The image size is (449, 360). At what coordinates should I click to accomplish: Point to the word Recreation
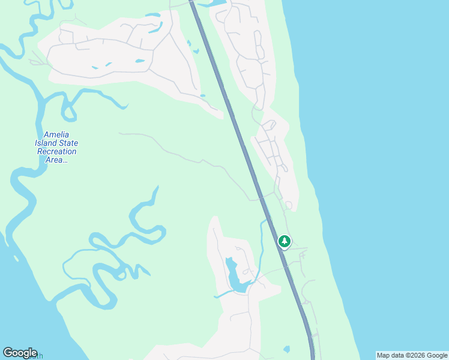(56, 152)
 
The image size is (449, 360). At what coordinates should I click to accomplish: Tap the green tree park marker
(284, 241)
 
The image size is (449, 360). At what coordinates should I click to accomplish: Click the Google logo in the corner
(20, 353)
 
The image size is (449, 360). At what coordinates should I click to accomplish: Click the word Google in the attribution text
(438, 355)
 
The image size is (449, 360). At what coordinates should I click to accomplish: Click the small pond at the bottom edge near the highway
(286, 349)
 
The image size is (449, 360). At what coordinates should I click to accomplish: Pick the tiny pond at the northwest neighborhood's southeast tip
(202, 95)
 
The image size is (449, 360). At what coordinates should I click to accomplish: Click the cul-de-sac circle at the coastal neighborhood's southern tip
(289, 205)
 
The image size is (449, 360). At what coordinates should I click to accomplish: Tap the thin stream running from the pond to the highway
(262, 240)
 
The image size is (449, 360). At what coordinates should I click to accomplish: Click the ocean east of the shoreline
(384, 150)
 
